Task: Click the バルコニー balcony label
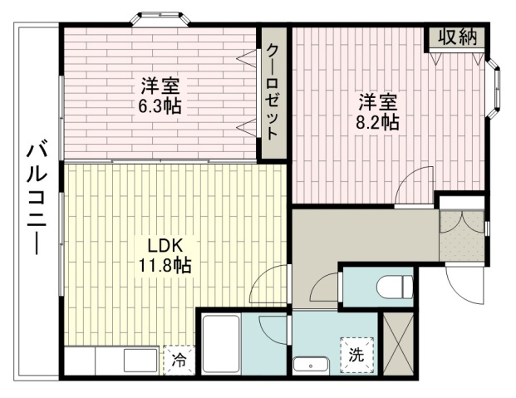(37, 198)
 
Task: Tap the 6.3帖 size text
(160, 106)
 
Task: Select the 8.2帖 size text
(377, 123)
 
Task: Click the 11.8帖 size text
(165, 265)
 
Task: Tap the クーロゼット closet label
(273, 92)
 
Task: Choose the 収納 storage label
(458, 37)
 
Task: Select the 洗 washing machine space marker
(356, 355)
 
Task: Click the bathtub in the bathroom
(221, 344)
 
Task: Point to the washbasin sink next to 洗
(310, 366)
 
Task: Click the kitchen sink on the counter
(140, 361)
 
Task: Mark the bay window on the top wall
(160, 18)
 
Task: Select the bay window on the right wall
(494, 88)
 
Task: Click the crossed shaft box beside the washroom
(399, 344)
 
